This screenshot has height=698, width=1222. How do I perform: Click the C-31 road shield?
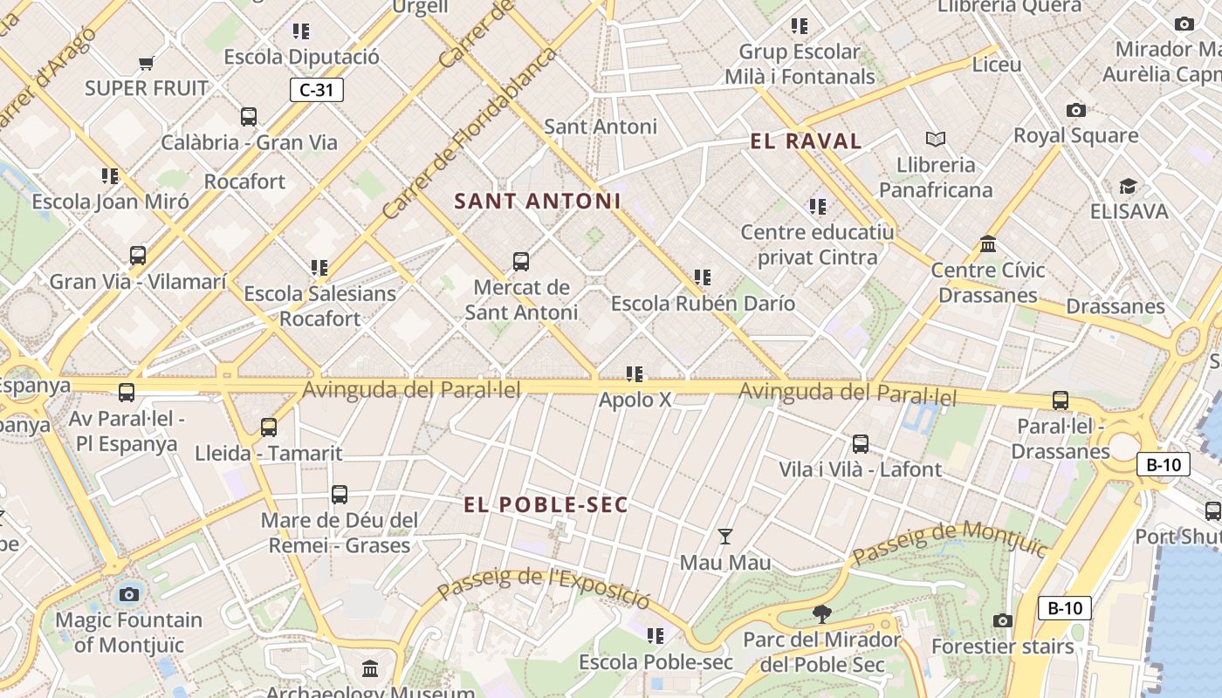click(317, 90)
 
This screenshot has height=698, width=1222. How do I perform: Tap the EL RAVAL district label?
click(806, 141)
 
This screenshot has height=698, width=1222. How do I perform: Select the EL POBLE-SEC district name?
click(546, 505)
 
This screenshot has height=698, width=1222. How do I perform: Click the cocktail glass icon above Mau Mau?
click(724, 536)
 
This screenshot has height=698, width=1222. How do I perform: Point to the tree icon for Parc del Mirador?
click(821, 614)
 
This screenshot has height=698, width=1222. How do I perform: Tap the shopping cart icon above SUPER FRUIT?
click(147, 63)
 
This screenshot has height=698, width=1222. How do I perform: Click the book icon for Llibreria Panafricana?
click(936, 139)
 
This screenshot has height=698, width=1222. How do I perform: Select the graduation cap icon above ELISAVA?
click(1128, 186)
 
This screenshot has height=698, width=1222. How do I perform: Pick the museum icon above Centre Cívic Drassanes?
click(988, 243)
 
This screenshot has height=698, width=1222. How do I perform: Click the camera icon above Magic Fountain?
click(129, 594)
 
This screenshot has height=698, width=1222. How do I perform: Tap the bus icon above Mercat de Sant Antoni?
click(521, 261)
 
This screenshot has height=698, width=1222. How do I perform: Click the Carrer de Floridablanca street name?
click(470, 133)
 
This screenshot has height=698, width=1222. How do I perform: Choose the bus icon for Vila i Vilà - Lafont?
click(861, 443)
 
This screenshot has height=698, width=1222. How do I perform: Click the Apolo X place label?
click(635, 400)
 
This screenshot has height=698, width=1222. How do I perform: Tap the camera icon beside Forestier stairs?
click(1003, 620)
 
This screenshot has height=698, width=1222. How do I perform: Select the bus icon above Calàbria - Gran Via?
click(249, 116)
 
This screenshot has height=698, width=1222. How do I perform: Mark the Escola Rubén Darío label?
click(703, 304)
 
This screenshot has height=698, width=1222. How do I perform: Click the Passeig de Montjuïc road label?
click(949, 542)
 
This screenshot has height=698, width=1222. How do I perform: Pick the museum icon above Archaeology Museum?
click(370, 668)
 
